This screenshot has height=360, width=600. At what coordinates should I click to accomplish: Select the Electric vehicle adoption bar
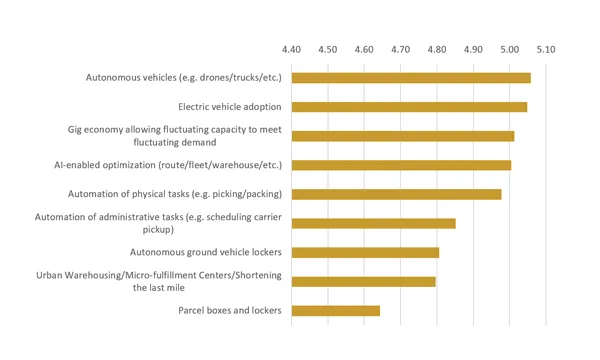click(x=409, y=107)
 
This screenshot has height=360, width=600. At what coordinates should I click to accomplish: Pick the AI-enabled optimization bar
click(x=401, y=165)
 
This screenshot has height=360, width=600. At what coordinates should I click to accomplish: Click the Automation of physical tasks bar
click(x=396, y=194)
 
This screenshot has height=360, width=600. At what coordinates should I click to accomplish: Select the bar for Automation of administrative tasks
click(x=373, y=223)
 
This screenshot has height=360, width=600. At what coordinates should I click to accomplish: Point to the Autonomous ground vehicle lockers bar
click(x=365, y=252)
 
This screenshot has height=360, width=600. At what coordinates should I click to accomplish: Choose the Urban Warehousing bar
click(x=363, y=281)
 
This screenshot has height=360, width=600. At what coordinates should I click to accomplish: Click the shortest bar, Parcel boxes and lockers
click(x=335, y=310)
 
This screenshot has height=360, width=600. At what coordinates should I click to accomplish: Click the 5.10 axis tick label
click(x=546, y=48)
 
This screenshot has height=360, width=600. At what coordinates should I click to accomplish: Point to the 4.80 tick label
click(x=437, y=48)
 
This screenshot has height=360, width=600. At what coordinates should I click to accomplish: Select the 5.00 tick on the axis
click(x=510, y=48)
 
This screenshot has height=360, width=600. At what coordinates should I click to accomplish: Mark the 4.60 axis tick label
click(x=364, y=48)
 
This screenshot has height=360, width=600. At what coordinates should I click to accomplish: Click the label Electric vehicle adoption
click(x=229, y=107)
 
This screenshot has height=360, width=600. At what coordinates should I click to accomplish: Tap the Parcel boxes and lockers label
click(x=229, y=310)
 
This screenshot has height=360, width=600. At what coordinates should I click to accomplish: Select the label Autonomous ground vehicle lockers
click(x=206, y=252)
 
